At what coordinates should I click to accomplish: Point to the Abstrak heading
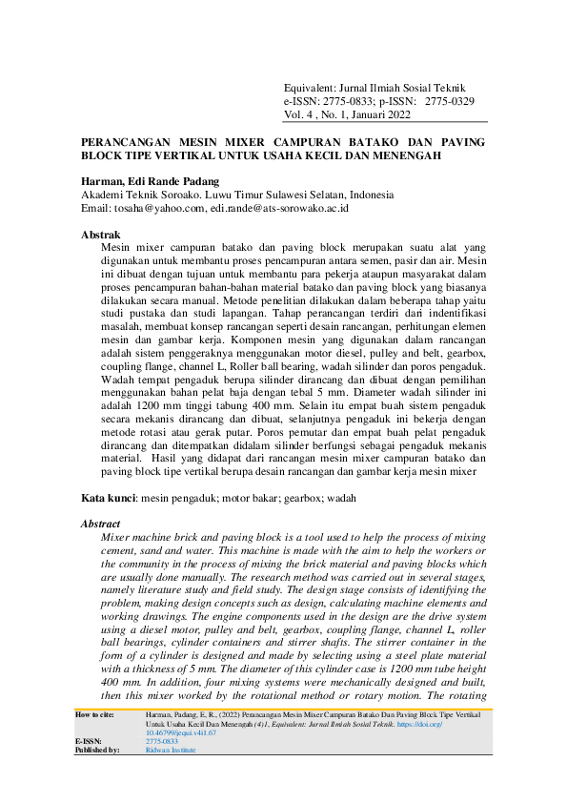coord(100,234)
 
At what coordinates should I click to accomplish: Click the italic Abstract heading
coord(101,524)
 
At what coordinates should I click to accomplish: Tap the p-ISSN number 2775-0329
coord(450,100)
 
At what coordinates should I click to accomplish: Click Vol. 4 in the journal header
coord(302,113)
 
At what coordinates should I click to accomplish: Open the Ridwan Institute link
coord(171,776)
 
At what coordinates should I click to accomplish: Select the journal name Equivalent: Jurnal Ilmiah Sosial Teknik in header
coord(378,87)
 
